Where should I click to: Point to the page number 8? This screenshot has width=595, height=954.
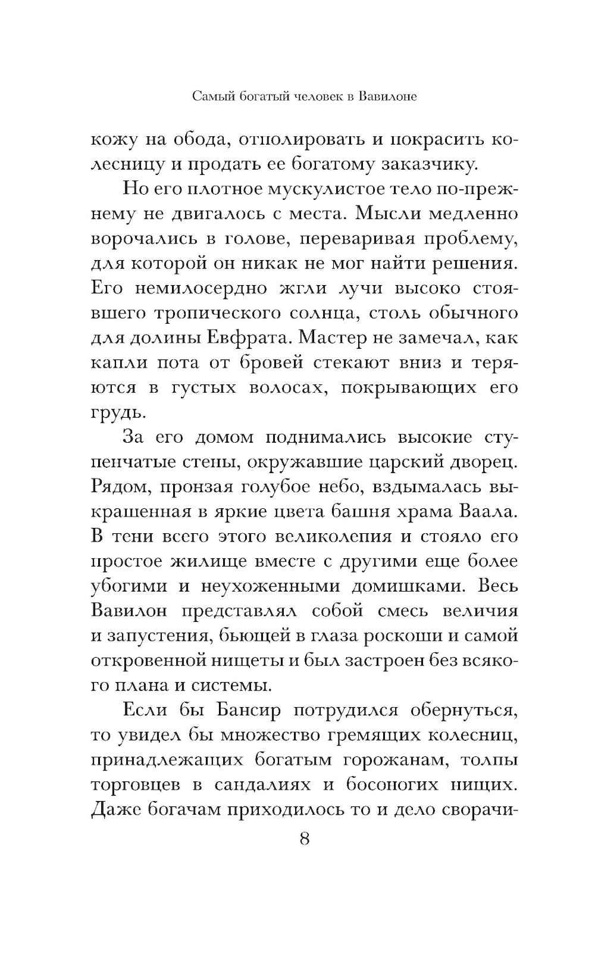[x=304, y=839]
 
